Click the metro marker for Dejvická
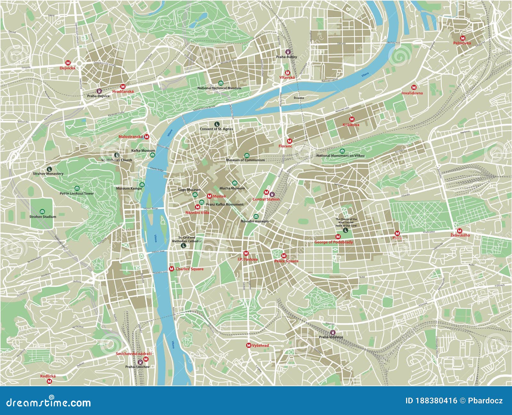coord(68,63)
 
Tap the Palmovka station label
coord(462,43)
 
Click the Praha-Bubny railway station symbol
coord(288,52)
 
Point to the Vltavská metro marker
coord(287,73)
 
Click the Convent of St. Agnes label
coord(216,129)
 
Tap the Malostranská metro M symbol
coord(147,137)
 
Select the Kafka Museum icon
coord(152,155)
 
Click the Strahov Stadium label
coord(43,217)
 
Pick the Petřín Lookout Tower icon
coord(76,188)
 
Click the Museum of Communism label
coord(245,160)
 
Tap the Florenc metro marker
coord(290,141)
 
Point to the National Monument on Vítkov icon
coord(342,151)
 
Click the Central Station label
coord(266,199)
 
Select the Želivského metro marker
coord(460,231)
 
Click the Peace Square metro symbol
coord(284,256)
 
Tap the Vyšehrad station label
coord(260,345)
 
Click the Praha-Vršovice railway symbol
coord(333,332)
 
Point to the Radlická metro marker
coord(49,381)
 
